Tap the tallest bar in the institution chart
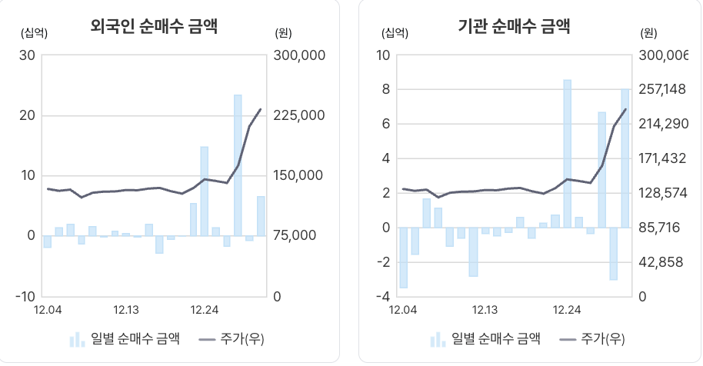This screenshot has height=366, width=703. point(567,154)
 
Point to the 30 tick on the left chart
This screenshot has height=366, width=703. point(28,55)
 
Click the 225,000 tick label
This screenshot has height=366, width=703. point(300,115)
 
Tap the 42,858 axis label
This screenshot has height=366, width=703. point(662,262)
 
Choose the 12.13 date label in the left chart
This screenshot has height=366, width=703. point(126,310)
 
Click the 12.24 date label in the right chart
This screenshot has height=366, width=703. point(568,310)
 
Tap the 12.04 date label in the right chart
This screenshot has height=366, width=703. point(403,310)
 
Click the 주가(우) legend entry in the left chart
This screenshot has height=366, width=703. point(232,339)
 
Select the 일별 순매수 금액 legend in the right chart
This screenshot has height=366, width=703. point(485,339)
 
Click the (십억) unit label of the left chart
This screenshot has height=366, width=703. point(35,32)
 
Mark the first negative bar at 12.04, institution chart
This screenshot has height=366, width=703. point(403,258)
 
